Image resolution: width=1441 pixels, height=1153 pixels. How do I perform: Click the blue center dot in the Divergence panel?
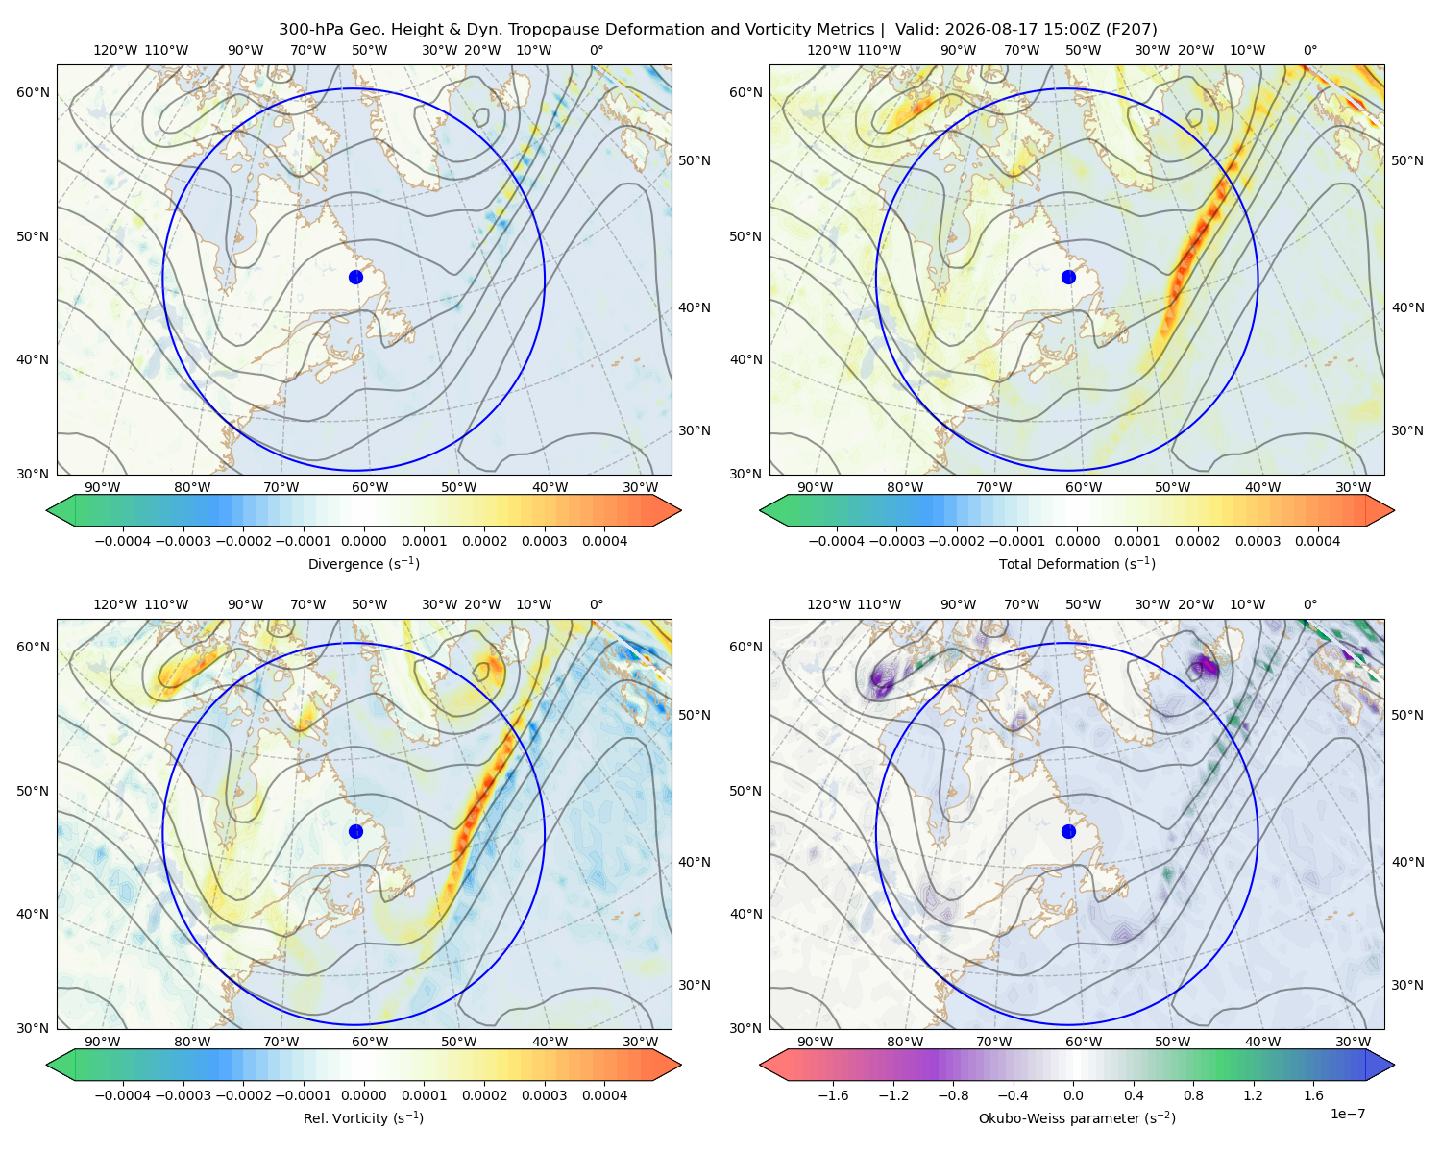pyautogui.click(x=355, y=277)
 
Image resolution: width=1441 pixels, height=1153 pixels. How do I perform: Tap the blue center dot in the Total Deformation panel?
pyautogui.click(x=1068, y=277)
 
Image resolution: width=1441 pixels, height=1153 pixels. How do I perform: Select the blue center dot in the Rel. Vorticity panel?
pyautogui.click(x=355, y=831)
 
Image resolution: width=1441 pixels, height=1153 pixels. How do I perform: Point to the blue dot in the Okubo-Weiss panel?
pyautogui.click(x=1068, y=831)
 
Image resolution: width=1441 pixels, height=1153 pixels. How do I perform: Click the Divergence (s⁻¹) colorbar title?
pyautogui.click(x=363, y=563)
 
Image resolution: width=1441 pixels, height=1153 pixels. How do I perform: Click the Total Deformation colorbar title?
pyautogui.click(x=1077, y=563)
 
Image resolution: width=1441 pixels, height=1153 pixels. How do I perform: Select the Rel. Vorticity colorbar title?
pyautogui.click(x=363, y=1118)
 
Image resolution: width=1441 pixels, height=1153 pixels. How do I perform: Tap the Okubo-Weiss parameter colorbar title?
pyautogui.click(x=1077, y=1118)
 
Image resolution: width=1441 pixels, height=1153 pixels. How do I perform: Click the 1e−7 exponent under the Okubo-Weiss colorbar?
pyautogui.click(x=1347, y=1114)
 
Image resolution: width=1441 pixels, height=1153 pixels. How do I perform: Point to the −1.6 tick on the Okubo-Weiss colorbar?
pyautogui.click(x=833, y=1095)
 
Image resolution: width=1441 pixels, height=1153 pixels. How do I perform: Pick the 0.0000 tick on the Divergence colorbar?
pyautogui.click(x=363, y=541)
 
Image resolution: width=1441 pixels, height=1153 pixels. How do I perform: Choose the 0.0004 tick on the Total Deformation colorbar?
pyautogui.click(x=1317, y=541)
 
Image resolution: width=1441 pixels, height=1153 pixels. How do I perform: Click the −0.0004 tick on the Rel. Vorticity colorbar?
pyautogui.click(x=123, y=1095)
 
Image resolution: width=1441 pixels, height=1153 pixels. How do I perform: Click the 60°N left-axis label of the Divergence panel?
pyautogui.click(x=33, y=92)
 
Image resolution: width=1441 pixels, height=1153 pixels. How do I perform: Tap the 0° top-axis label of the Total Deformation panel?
pyautogui.click(x=1309, y=50)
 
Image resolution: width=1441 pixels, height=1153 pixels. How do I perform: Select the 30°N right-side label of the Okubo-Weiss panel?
pyautogui.click(x=1406, y=985)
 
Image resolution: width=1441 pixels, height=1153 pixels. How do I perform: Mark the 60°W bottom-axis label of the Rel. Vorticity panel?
pyautogui.click(x=370, y=1042)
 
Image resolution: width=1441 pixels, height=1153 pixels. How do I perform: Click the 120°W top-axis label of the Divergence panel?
pyautogui.click(x=115, y=50)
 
